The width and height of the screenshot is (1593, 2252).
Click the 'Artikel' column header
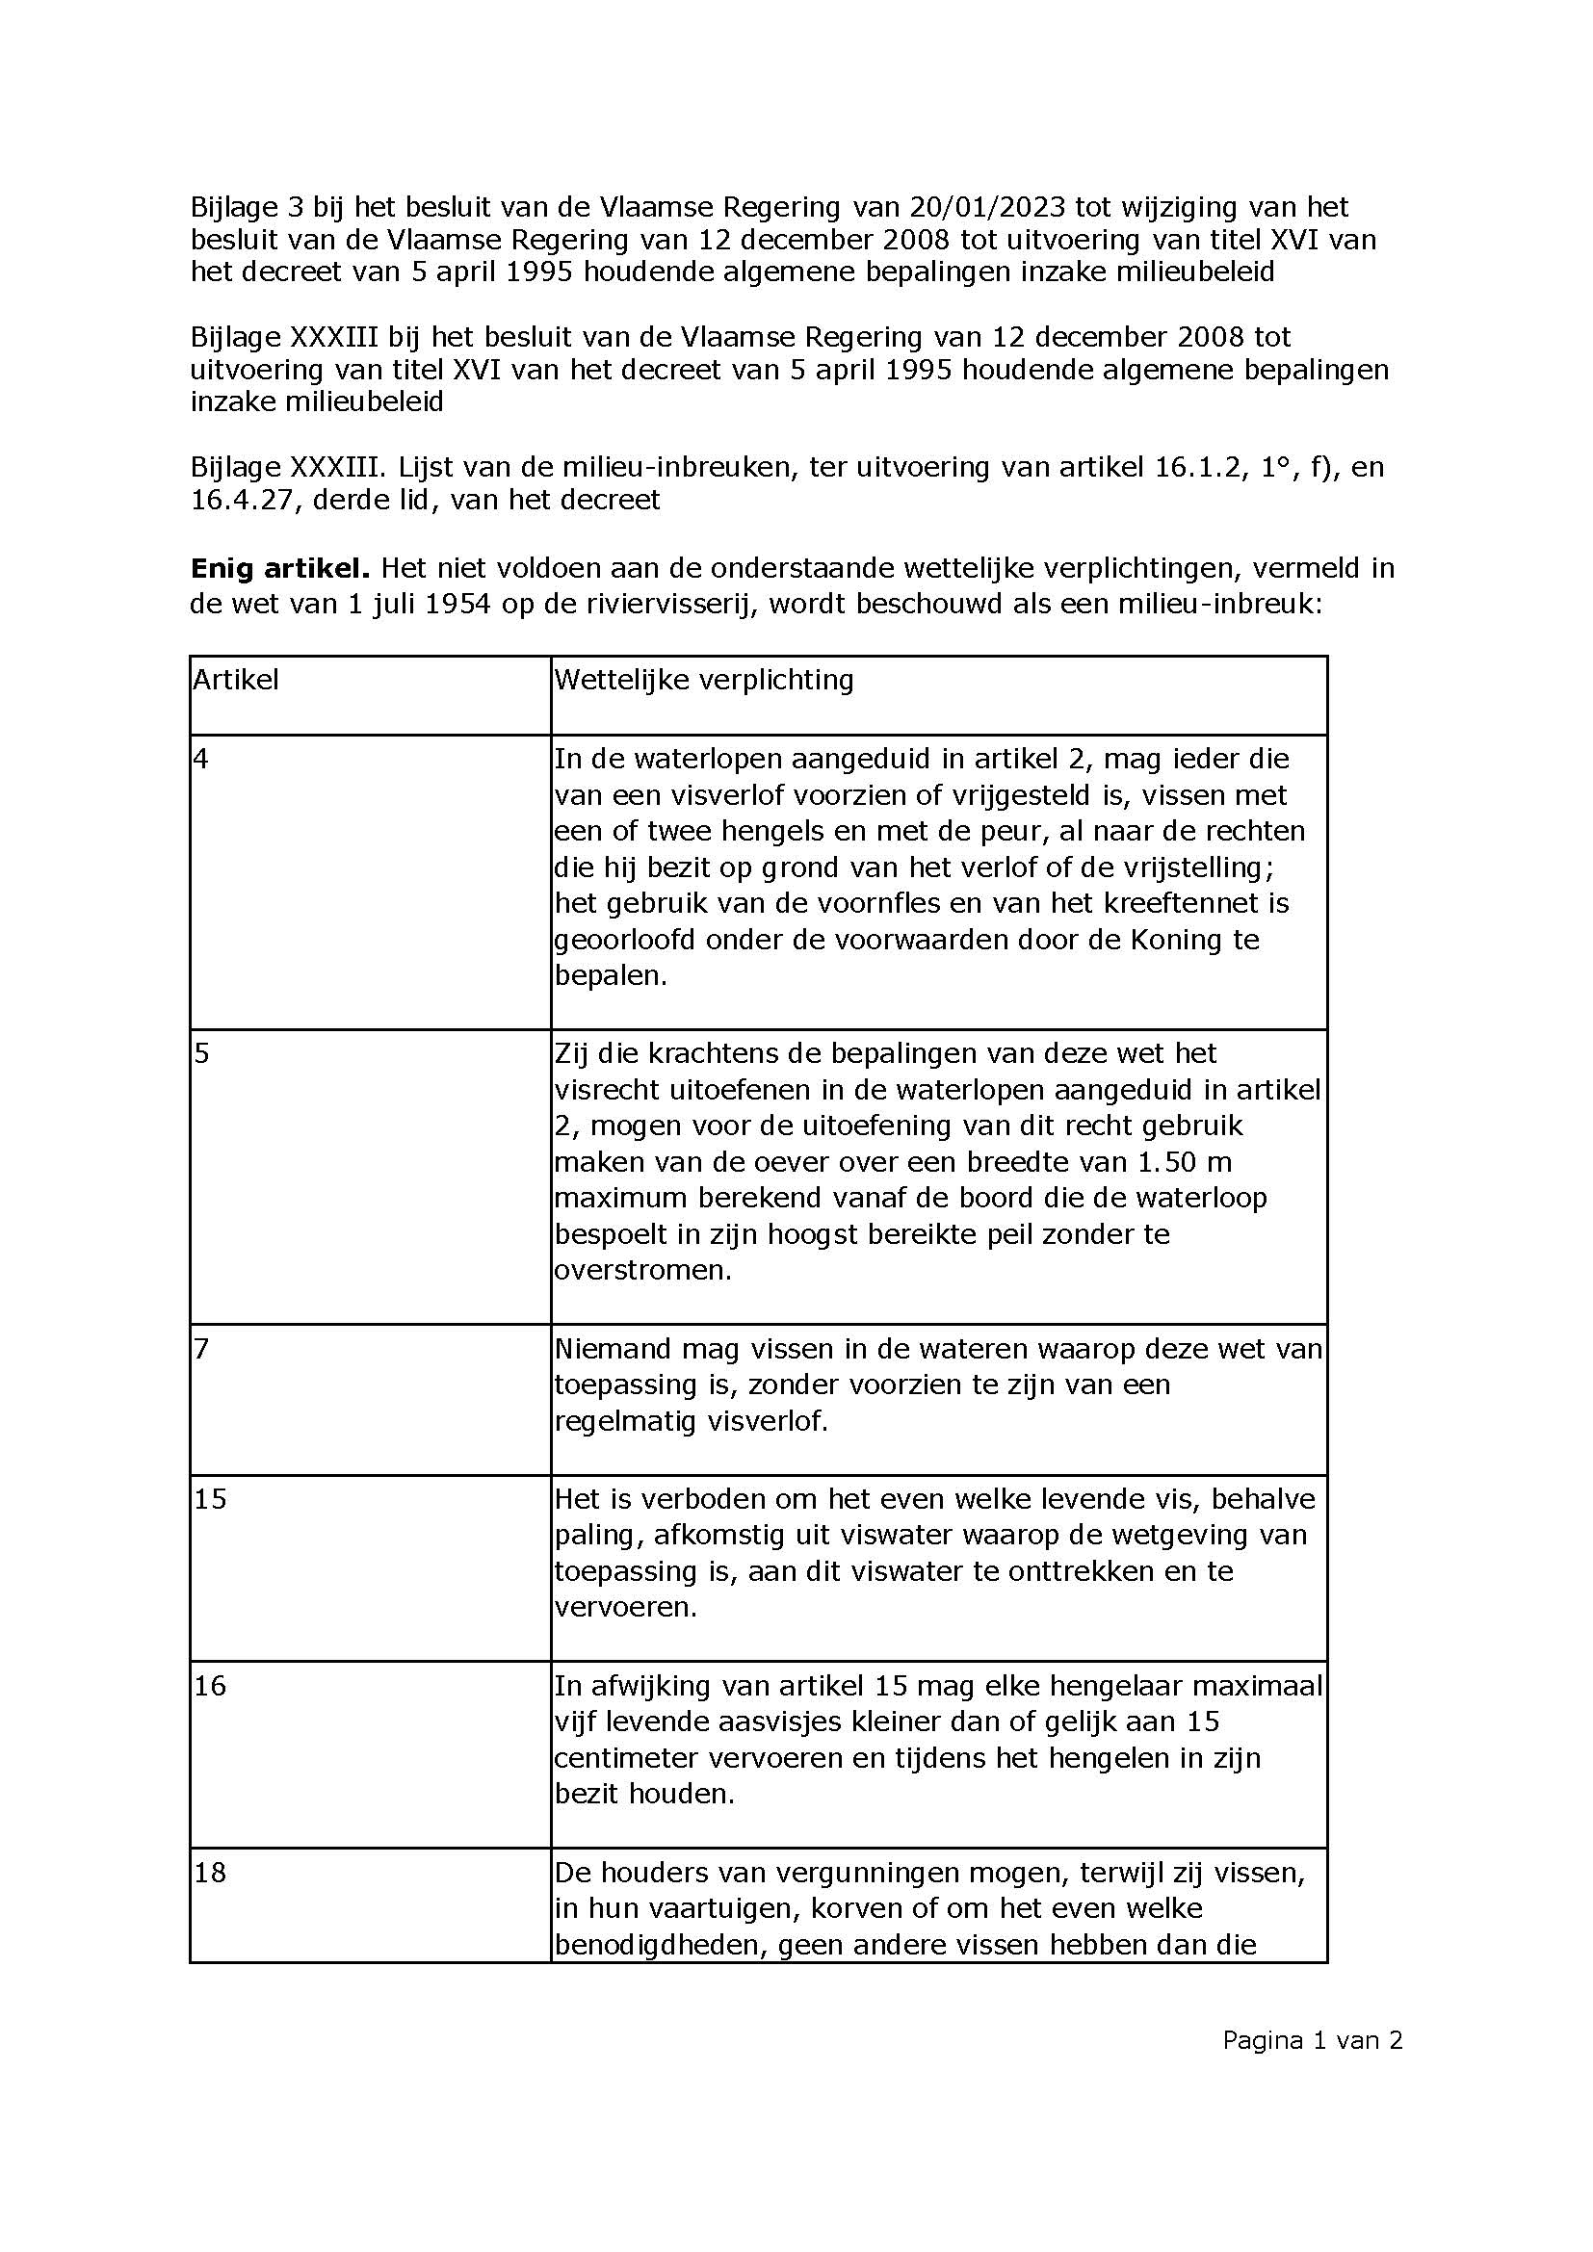pos(235,680)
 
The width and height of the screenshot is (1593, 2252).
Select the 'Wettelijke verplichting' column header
pos(703,680)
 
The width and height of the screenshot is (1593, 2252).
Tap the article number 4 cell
pos(201,759)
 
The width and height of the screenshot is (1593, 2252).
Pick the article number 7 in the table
pos(201,1349)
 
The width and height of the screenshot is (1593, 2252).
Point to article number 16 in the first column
pos(210,1686)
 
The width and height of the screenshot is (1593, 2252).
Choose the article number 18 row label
pos(210,1873)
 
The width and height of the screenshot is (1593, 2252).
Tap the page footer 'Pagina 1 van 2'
pos(1312,2041)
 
